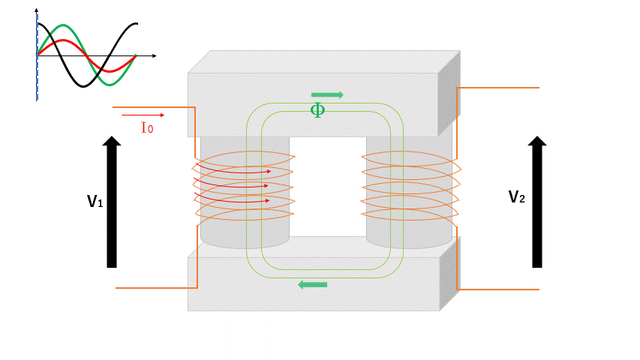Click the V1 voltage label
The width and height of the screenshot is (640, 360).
click(95, 201)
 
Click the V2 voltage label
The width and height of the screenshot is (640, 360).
click(517, 197)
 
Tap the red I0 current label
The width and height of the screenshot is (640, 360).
click(147, 127)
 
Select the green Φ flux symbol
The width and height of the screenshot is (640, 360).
click(317, 110)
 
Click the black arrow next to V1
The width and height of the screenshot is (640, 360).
click(112, 202)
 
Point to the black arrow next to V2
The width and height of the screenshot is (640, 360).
click(537, 202)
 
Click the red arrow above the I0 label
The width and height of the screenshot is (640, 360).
click(143, 115)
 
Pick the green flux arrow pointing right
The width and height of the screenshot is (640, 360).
click(327, 95)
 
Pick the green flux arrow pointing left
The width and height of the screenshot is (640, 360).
click(313, 284)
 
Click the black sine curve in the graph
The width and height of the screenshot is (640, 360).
click(83, 86)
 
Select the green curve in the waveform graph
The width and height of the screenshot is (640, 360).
click(63, 25)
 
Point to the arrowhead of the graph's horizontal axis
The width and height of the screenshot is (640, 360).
click(155, 55)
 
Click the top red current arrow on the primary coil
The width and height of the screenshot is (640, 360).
click(233, 169)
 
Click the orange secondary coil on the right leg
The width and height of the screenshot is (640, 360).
click(410, 186)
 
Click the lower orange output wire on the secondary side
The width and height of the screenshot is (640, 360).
click(498, 289)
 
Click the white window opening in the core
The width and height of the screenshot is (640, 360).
click(328, 187)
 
